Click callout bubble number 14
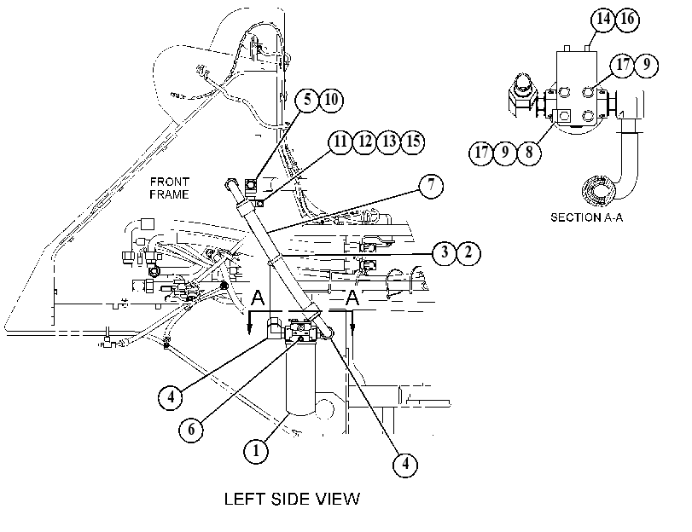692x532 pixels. point(603,19)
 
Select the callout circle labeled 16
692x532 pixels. point(627,19)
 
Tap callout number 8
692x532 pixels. point(529,153)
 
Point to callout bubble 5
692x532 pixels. point(307,100)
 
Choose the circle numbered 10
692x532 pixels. point(331,100)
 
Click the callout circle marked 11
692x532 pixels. point(340,142)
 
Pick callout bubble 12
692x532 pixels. point(364,142)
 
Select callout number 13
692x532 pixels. point(389,142)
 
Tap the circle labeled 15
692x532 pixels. point(413,142)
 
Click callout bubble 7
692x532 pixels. point(431,185)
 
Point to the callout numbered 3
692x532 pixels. point(445,252)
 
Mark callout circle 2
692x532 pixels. point(468,252)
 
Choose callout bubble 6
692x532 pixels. point(191,429)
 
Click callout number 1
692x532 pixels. point(256,451)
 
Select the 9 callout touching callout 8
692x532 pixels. point(505,153)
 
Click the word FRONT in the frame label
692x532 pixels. point(170,182)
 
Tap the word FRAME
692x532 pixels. point(169,194)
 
